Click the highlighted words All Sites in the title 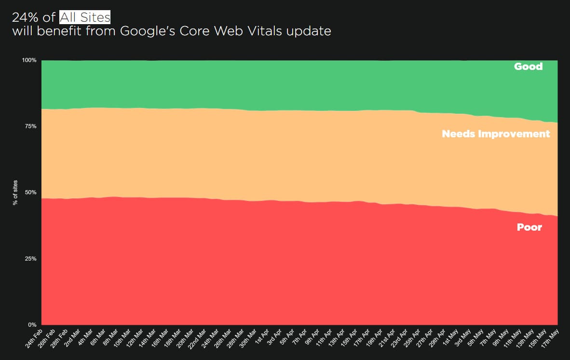tap(85, 18)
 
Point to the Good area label tap(528, 67)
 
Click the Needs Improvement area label tap(496, 134)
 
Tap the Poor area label tap(529, 227)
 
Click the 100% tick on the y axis tap(29, 60)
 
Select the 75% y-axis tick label tap(30, 126)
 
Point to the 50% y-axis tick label tap(30, 193)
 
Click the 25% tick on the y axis tap(30, 259)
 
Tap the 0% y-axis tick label tap(32, 325)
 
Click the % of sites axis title tap(15, 193)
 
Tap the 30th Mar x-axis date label tap(249, 339)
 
